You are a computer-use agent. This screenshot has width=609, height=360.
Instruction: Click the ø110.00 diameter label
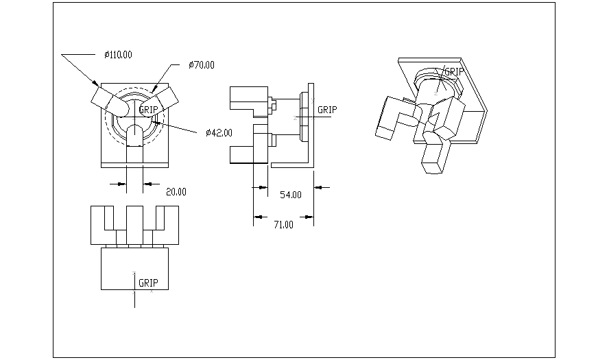[x=118, y=55]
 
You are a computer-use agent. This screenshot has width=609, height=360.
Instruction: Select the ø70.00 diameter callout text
[x=202, y=65]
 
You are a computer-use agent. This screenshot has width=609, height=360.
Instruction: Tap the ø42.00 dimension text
[x=219, y=132]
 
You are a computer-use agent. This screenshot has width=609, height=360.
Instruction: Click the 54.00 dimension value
[x=291, y=195]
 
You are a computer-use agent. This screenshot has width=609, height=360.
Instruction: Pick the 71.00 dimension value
[x=283, y=224]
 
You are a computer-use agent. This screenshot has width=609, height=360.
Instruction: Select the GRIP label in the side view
[x=328, y=110]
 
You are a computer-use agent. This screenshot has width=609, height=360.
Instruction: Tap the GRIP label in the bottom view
[x=149, y=282]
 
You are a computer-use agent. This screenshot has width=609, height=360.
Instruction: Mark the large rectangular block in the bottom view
[x=134, y=268]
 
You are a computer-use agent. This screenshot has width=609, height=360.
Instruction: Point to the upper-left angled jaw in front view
[x=108, y=101]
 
